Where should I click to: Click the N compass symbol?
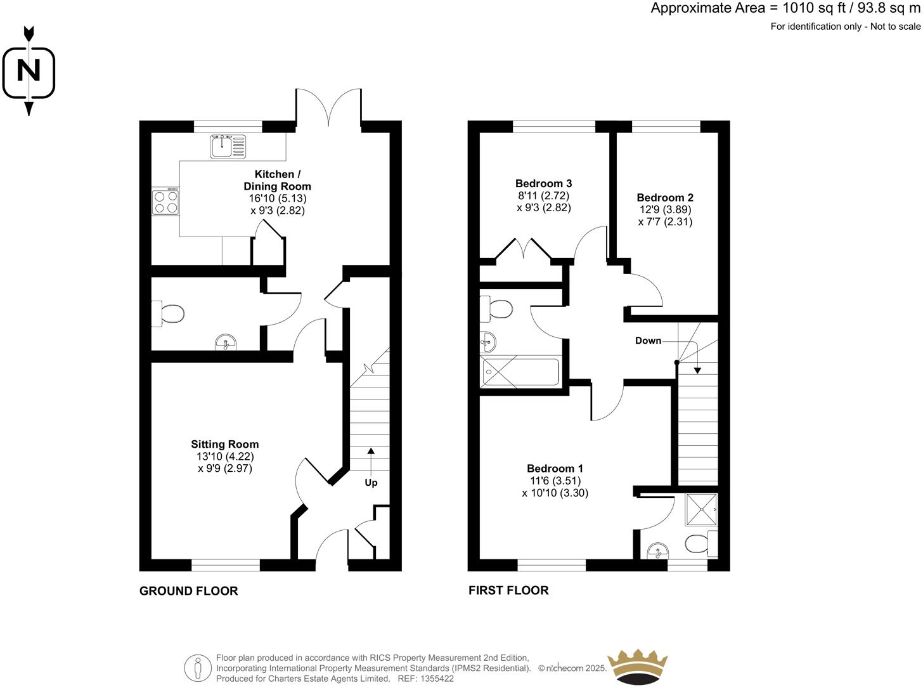[x=29, y=70]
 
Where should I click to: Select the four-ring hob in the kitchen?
[x=165, y=201]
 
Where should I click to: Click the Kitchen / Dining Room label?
[x=277, y=180]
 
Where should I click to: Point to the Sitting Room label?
[x=225, y=445]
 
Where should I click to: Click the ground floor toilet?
[x=168, y=313]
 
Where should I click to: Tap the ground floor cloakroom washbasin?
[x=226, y=343]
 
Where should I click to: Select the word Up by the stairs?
[x=371, y=483]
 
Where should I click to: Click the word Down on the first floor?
[x=648, y=341]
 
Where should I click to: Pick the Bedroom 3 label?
[x=543, y=183]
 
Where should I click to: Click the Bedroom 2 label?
[x=665, y=197]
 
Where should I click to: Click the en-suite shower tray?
[x=701, y=509]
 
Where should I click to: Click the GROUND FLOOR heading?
[x=188, y=591]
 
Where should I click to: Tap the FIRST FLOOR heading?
[x=508, y=590]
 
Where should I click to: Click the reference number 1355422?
[x=436, y=679]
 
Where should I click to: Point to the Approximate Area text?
[x=785, y=8]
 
